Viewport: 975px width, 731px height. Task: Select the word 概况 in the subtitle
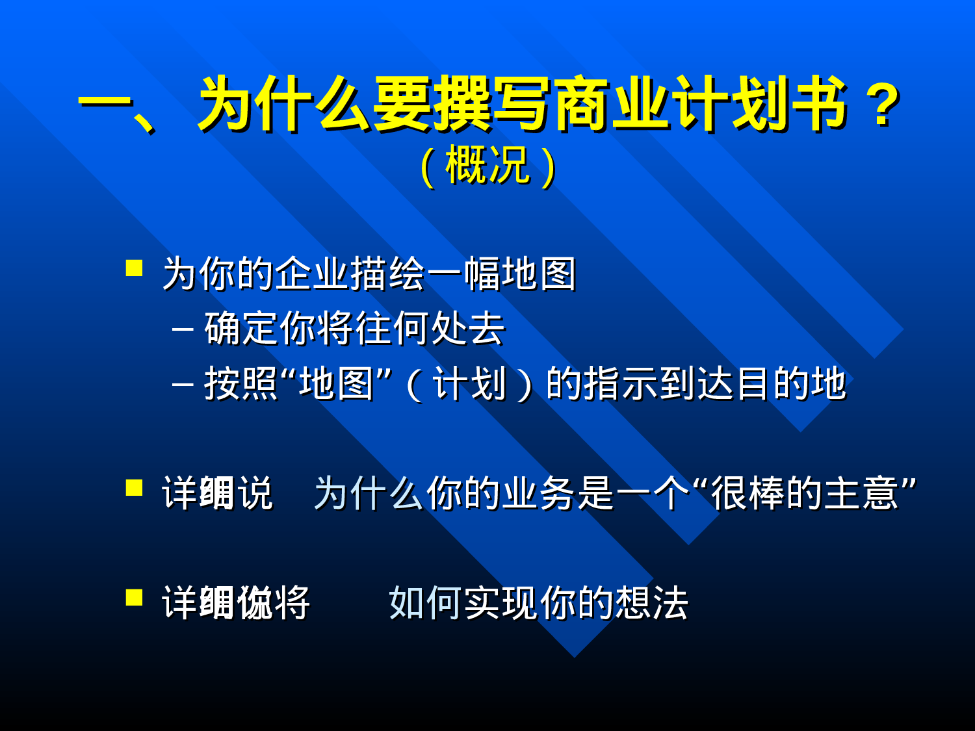(487, 166)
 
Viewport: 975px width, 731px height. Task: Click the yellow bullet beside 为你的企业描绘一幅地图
(135, 268)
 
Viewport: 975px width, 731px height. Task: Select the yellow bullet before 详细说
(135, 487)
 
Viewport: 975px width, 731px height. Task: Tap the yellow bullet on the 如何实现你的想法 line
(135, 597)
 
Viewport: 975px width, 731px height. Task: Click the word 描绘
(388, 274)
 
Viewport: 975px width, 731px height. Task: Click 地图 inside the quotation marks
(336, 383)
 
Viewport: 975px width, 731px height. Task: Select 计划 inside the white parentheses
(469, 383)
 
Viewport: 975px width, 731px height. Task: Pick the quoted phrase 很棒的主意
(805, 493)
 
